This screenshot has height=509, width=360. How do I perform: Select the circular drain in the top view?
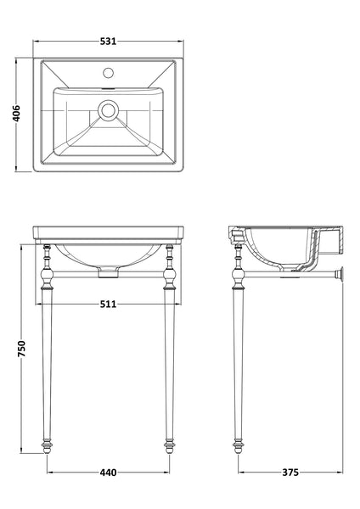click(108, 109)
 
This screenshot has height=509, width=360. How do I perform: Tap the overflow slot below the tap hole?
click(108, 87)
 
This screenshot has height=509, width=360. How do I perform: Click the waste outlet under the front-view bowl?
click(108, 272)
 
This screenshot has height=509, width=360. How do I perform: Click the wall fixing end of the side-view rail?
click(342, 277)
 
